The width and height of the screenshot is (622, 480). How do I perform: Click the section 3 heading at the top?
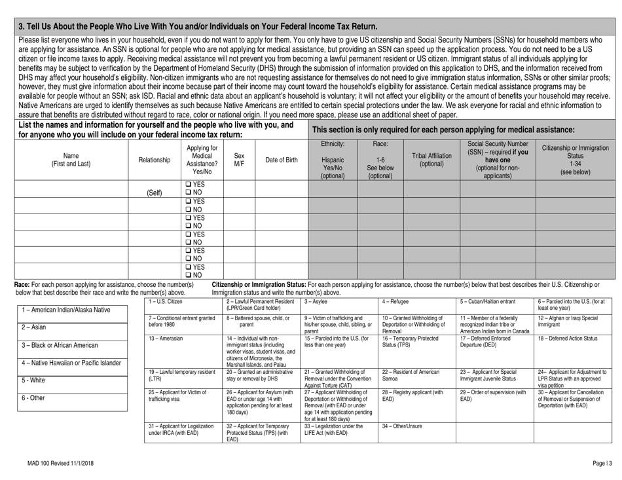click(x=198, y=26)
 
